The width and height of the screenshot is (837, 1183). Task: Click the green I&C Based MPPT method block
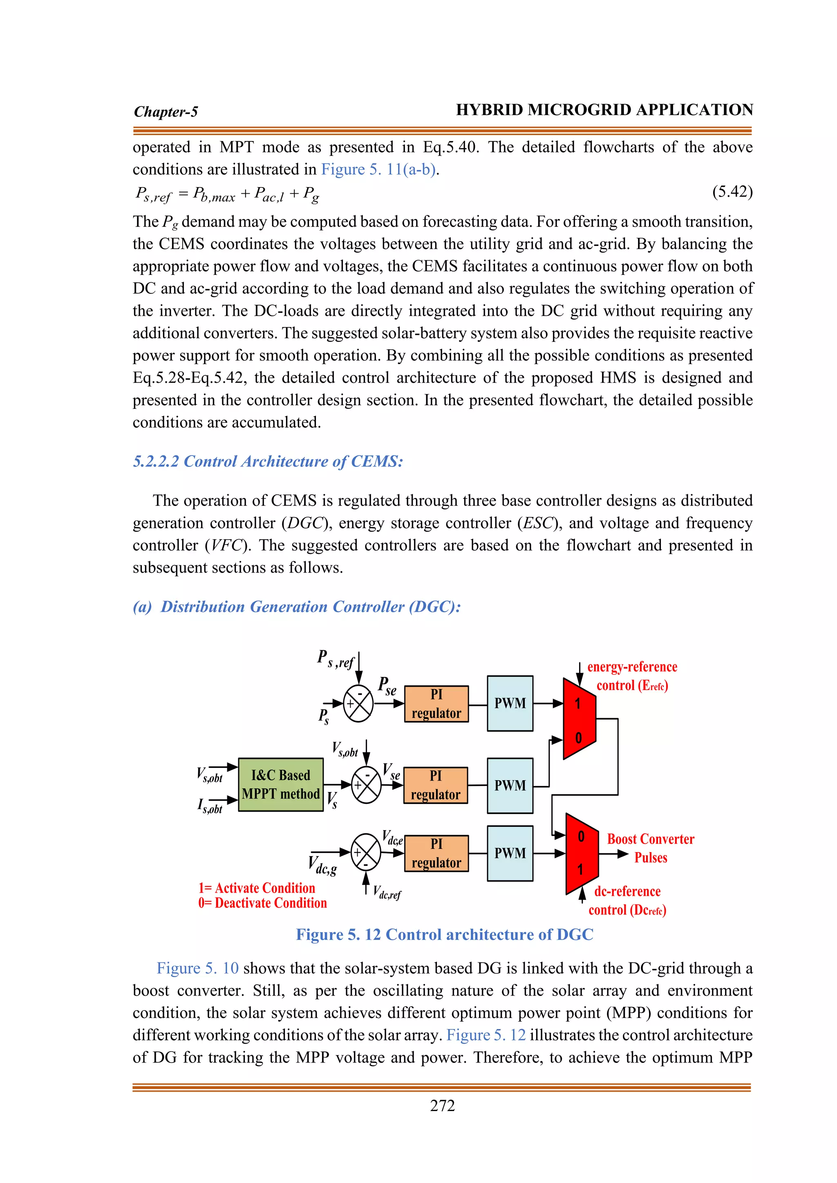[281, 784]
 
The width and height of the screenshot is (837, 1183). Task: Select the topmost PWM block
[510, 703]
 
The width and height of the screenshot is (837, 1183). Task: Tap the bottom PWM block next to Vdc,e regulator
[510, 853]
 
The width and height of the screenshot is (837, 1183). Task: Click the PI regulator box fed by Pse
[436, 704]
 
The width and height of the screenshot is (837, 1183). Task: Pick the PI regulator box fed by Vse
[436, 785]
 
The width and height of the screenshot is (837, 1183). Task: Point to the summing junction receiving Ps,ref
[358, 703]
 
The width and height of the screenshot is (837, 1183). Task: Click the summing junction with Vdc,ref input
[366, 853]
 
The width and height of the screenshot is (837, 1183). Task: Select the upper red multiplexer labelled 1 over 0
[579, 719]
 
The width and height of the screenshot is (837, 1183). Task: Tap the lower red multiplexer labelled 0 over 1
[582, 853]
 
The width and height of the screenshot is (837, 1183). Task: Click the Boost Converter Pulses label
[650, 848]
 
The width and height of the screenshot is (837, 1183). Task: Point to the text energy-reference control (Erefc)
[632, 676]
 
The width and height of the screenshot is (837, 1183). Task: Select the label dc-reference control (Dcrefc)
[627, 901]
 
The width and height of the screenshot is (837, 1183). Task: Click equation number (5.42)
[732, 192]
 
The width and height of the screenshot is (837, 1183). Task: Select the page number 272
[442, 1106]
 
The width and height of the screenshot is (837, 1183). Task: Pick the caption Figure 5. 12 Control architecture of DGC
[444, 935]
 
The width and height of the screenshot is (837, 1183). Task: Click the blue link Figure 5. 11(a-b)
[379, 170]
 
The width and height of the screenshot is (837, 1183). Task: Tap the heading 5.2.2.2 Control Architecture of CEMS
[268, 461]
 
